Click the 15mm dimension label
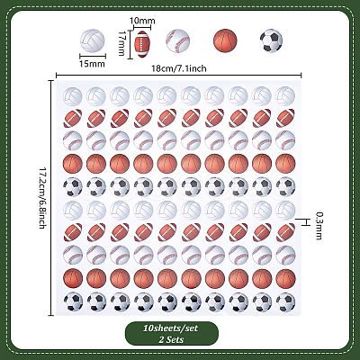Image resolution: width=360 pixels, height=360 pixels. coord(92,64)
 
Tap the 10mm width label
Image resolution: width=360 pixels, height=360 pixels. coord(142,21)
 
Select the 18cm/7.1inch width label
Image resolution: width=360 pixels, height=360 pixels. coord(179,68)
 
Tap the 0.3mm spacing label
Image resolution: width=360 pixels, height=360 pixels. coord(319,226)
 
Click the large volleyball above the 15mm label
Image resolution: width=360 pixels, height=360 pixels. coord(93,40)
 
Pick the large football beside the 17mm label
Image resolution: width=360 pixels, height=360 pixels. coord(142,44)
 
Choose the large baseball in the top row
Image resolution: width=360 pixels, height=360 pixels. coord(178,40)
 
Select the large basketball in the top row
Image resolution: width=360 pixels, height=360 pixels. coord(225,40)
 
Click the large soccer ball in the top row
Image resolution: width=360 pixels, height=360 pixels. coord(271,40)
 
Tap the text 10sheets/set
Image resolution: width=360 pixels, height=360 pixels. coord(170,328)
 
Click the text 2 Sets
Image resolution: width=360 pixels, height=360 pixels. coord(172,339)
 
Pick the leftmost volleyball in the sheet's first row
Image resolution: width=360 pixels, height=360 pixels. coord(73,96)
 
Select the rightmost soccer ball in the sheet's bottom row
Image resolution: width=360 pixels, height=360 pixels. coord(285,301)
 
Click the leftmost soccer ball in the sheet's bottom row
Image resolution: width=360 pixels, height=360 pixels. coord(73,301)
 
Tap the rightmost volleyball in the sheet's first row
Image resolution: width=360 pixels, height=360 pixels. coord(285,96)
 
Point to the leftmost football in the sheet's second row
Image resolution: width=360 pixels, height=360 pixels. coord(73,118)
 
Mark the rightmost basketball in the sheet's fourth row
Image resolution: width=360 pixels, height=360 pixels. coord(285,164)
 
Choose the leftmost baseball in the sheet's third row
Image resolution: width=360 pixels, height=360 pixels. coord(73,140)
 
